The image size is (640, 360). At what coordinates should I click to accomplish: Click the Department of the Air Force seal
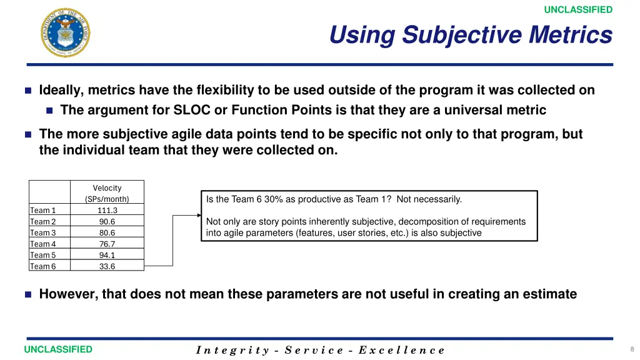pyautogui.click(x=65, y=32)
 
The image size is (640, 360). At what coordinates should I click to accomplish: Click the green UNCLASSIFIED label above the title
pyautogui.click(x=578, y=10)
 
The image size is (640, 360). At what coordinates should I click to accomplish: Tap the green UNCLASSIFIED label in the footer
pyautogui.click(x=58, y=349)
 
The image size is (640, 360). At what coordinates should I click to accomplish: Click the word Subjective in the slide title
pyautogui.click(x=462, y=35)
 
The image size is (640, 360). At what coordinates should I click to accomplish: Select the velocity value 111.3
pyautogui.click(x=107, y=210)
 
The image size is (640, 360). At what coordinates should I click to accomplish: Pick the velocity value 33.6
pyautogui.click(x=107, y=266)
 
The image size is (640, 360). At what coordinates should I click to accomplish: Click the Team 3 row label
pyautogui.click(x=43, y=232)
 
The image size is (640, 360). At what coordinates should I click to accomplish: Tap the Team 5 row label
pyautogui.click(x=43, y=255)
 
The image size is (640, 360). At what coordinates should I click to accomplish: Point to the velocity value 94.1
pyautogui.click(x=107, y=255)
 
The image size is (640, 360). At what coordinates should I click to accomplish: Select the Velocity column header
pyautogui.click(x=107, y=193)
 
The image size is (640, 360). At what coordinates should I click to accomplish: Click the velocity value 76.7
pyautogui.click(x=107, y=244)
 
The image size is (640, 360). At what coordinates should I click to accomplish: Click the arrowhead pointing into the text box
pyautogui.click(x=199, y=215)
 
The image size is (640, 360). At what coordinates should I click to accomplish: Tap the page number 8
pyautogui.click(x=632, y=349)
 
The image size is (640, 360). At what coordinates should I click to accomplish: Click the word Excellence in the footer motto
pyautogui.click(x=402, y=350)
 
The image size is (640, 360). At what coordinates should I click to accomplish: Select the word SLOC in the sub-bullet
pyautogui.click(x=192, y=110)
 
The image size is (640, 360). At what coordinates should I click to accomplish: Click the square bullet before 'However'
pyautogui.click(x=28, y=294)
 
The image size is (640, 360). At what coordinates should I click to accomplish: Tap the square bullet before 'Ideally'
pyautogui.click(x=28, y=90)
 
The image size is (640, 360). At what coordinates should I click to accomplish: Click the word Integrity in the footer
pyautogui.click(x=232, y=350)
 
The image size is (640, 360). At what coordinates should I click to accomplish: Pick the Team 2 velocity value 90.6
pyautogui.click(x=107, y=221)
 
